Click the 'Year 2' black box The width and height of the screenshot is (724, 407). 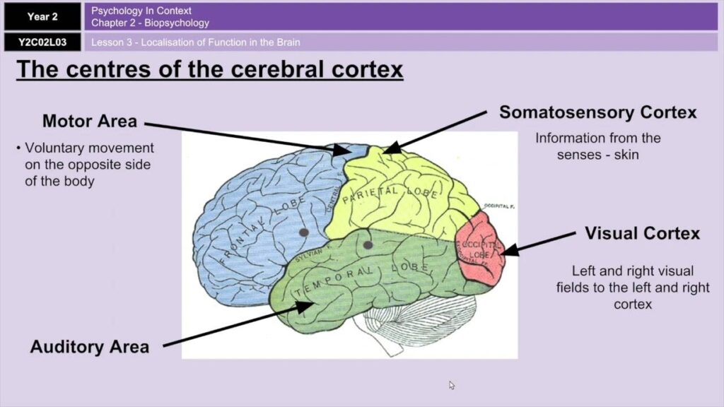point(42,16)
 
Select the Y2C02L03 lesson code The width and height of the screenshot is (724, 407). point(42,42)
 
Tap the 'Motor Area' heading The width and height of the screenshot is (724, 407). point(90,121)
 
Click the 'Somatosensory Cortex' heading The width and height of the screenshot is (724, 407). point(597,112)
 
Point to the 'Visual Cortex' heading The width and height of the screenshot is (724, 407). point(642,233)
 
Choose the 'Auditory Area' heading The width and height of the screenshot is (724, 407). point(90,347)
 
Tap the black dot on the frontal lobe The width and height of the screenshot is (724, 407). point(304,232)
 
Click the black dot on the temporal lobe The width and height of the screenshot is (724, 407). point(368,245)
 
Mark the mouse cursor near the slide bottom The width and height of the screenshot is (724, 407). point(452,385)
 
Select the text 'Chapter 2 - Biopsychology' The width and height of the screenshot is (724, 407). point(151,23)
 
